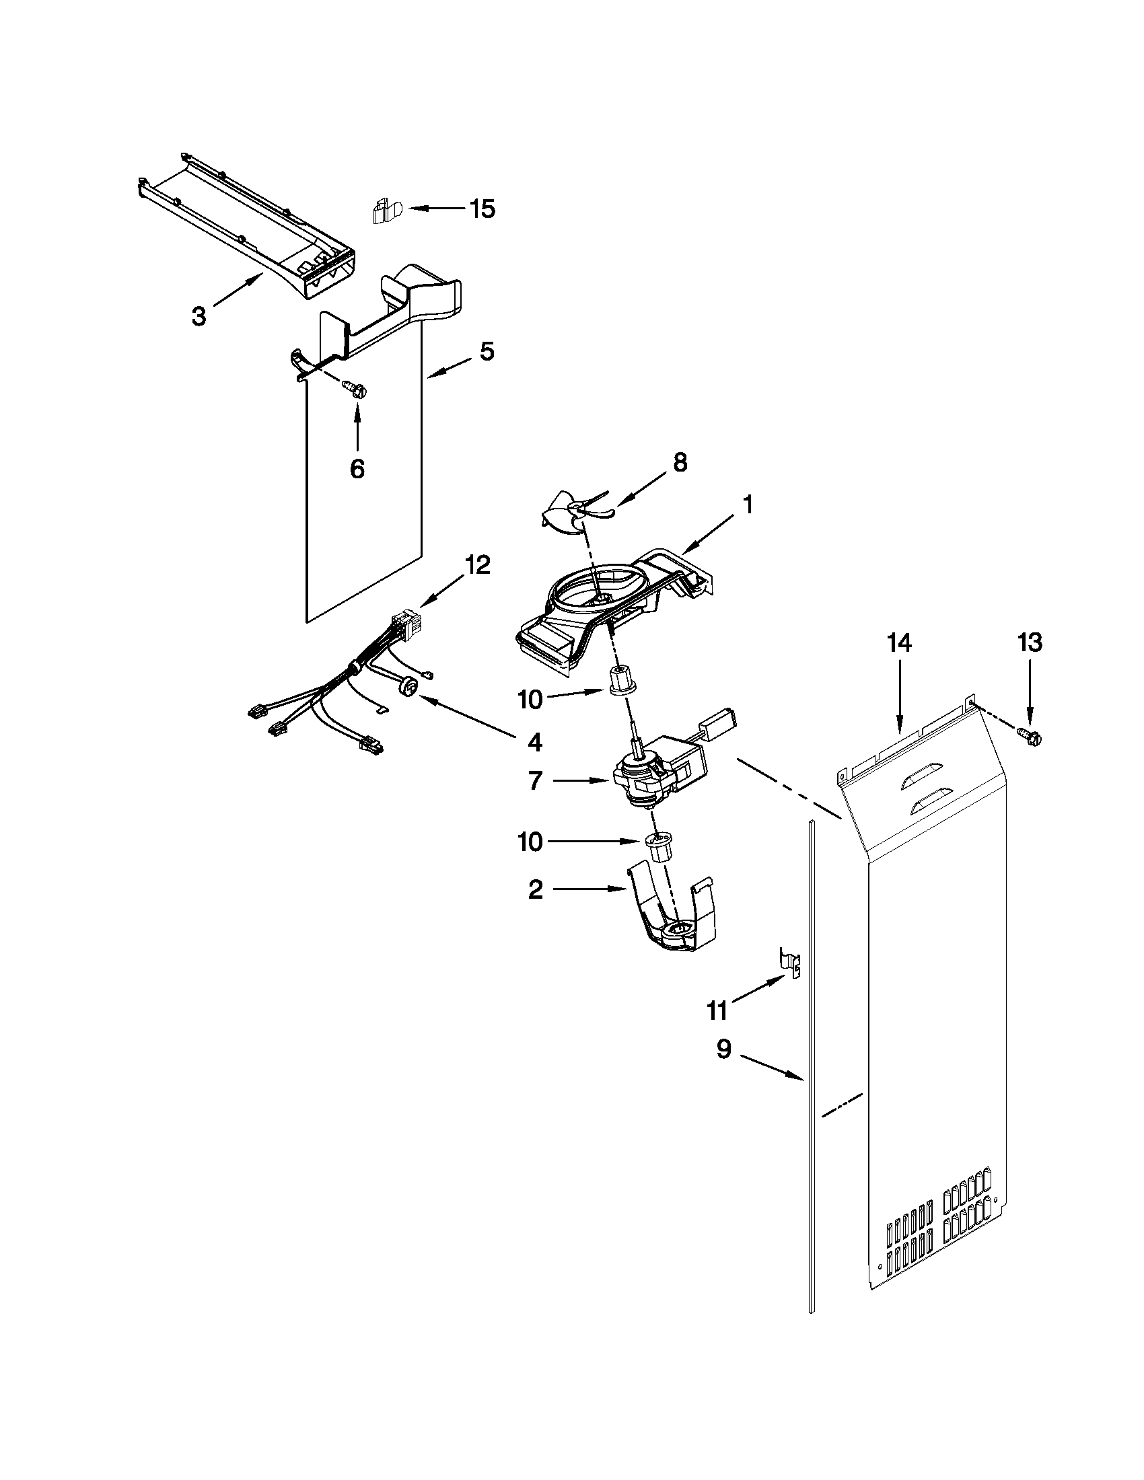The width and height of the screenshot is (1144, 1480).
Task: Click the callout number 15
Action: point(482,209)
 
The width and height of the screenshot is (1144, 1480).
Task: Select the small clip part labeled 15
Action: point(384,211)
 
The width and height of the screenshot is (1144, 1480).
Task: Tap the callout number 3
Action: point(198,316)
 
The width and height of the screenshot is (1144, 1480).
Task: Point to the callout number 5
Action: point(487,351)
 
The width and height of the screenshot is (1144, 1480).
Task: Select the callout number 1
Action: point(747,504)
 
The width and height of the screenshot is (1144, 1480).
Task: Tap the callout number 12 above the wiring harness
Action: point(477,564)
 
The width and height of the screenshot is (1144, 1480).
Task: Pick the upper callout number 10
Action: point(530,700)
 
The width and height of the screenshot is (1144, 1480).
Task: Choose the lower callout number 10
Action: point(530,842)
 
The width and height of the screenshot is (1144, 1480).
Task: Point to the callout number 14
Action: point(900,642)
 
